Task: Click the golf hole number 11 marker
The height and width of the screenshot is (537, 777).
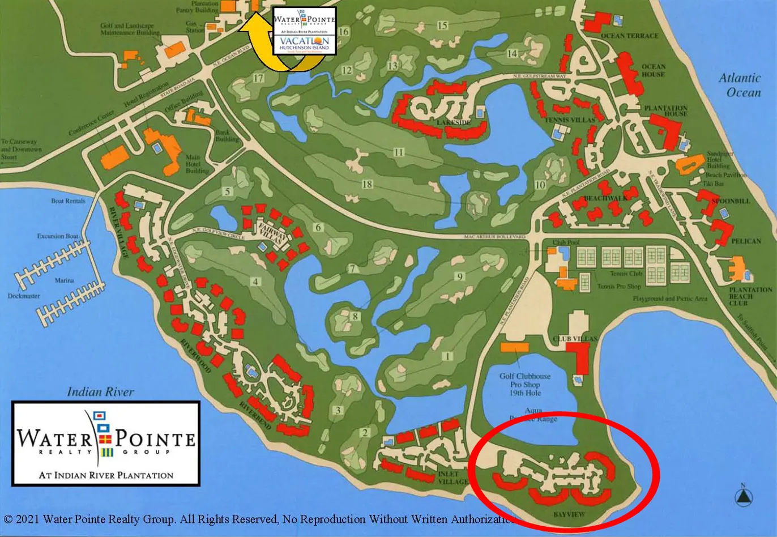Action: pyautogui.click(x=399, y=152)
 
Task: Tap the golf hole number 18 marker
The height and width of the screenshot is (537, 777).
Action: pyautogui.click(x=367, y=184)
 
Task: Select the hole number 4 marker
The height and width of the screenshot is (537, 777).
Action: pyautogui.click(x=256, y=281)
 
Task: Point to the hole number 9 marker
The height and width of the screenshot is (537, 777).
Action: pyautogui.click(x=460, y=276)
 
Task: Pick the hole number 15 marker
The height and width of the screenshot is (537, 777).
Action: pyautogui.click(x=442, y=25)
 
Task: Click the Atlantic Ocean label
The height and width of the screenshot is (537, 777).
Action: pyautogui.click(x=740, y=85)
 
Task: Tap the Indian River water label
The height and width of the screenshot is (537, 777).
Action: pyautogui.click(x=100, y=391)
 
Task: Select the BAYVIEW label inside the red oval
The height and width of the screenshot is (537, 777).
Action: pyautogui.click(x=568, y=514)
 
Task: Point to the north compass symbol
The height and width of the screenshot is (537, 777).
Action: pyautogui.click(x=744, y=496)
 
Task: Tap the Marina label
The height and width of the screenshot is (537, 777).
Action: pyautogui.click(x=65, y=280)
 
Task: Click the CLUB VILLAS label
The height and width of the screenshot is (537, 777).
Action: pyautogui.click(x=575, y=339)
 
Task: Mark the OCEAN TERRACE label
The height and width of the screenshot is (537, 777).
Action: pyautogui.click(x=629, y=36)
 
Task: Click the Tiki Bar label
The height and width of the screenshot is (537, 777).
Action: pyautogui.click(x=714, y=184)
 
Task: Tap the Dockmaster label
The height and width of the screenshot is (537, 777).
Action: pyautogui.click(x=24, y=296)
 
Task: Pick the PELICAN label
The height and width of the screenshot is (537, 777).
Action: pyautogui.click(x=746, y=241)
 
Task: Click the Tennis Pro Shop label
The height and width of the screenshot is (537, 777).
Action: pyautogui.click(x=619, y=287)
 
